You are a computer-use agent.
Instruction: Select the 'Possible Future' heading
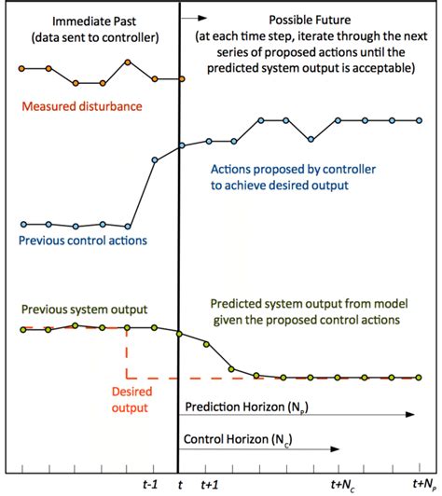point(304,20)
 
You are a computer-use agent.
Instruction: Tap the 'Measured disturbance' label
point(84,106)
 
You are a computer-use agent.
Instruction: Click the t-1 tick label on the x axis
point(150,485)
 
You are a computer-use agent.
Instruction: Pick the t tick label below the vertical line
point(180,485)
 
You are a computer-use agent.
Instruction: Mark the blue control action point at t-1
point(155,160)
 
